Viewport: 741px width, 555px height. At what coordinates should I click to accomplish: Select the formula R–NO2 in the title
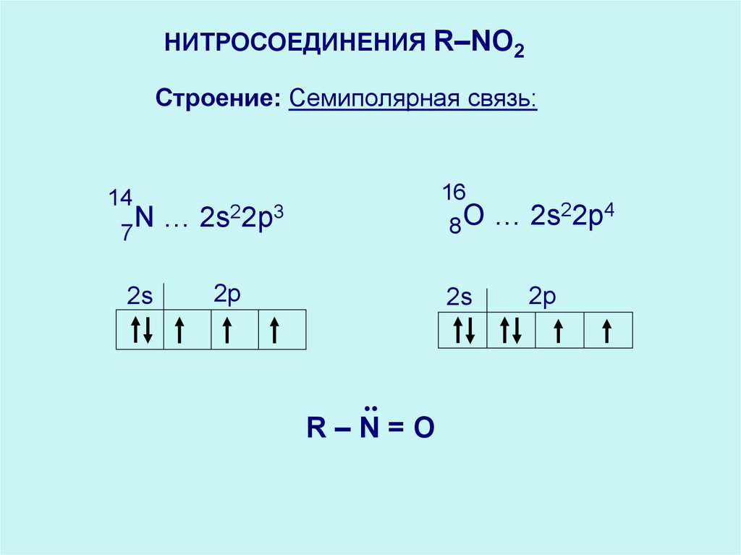(x=478, y=46)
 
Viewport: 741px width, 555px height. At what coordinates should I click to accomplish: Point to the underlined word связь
(x=501, y=98)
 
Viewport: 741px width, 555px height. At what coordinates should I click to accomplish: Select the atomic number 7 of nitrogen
(x=127, y=233)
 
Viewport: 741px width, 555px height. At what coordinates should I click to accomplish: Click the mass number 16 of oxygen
(x=453, y=192)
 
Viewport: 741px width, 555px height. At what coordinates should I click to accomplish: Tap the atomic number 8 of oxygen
(x=454, y=227)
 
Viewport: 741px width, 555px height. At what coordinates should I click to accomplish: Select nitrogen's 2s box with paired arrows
(x=140, y=330)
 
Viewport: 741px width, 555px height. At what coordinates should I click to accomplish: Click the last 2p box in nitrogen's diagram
(x=282, y=330)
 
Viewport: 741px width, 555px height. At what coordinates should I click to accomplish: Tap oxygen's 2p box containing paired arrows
(x=511, y=331)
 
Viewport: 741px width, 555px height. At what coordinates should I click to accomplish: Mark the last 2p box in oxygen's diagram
(x=608, y=331)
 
